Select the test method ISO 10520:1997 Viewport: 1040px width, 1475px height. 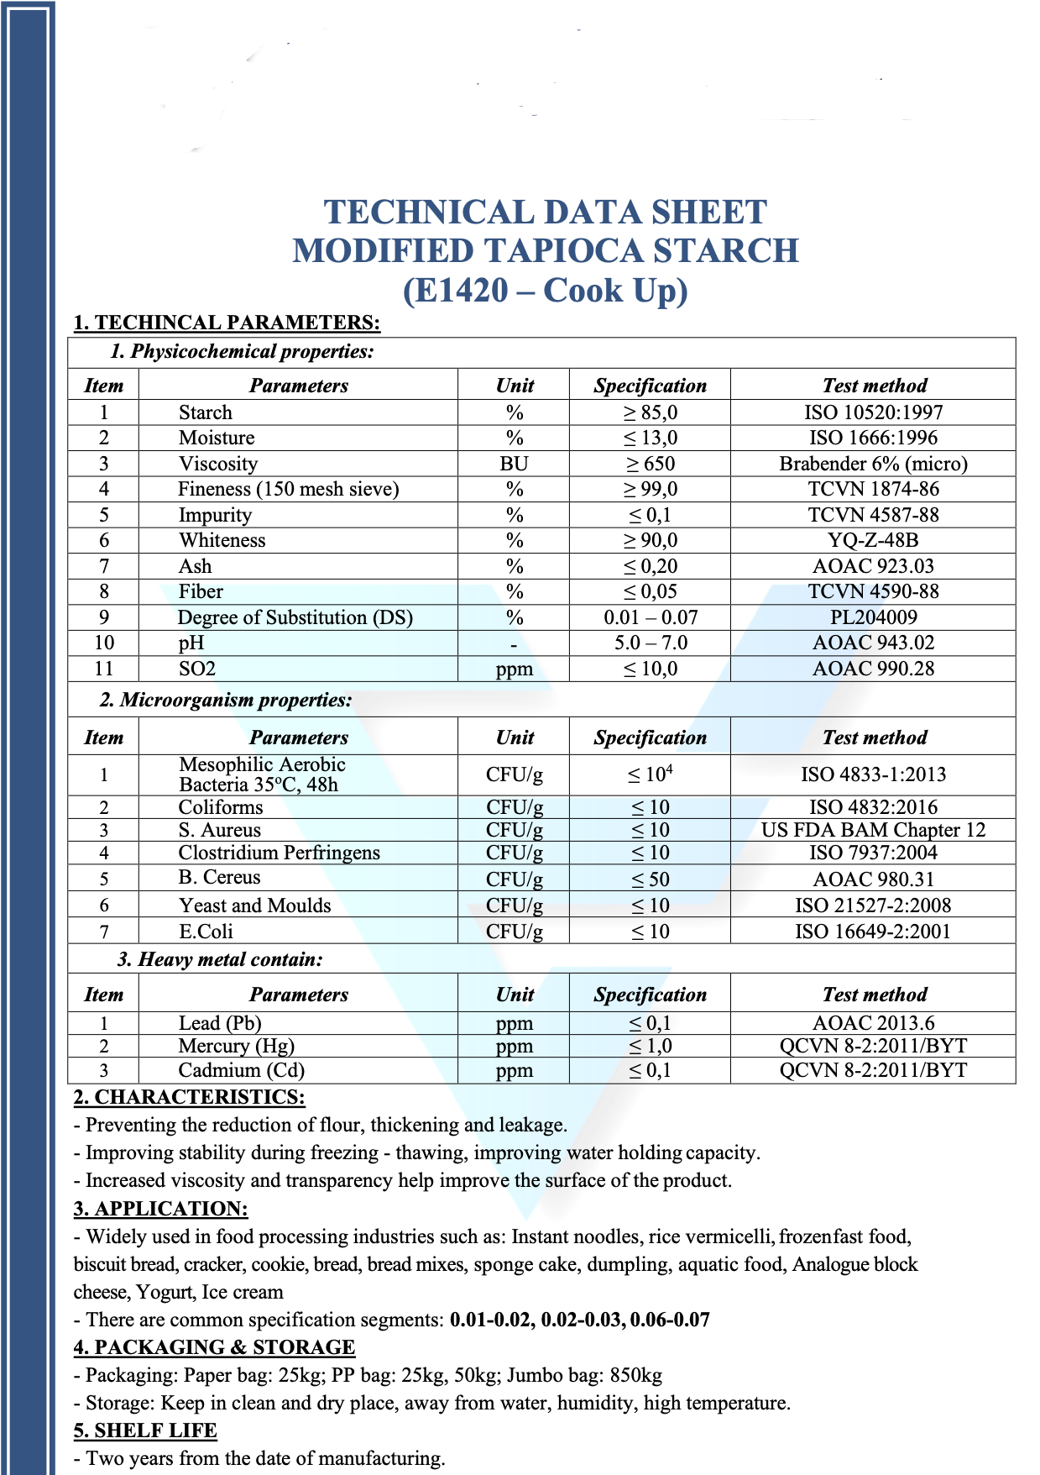[873, 412]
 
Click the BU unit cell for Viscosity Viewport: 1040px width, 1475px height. [514, 464]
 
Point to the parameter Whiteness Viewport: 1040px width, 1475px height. [222, 540]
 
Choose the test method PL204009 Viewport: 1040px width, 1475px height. [873, 617]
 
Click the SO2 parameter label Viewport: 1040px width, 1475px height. [197, 669]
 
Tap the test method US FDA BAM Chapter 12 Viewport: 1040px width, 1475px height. [873, 830]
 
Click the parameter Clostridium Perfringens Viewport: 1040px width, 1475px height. [279, 853]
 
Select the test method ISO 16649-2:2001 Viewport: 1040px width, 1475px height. [873, 932]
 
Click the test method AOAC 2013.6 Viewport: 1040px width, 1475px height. [873, 1023]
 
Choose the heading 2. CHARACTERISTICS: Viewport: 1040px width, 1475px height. [189, 1097]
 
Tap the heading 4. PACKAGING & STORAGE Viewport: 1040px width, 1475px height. [214, 1347]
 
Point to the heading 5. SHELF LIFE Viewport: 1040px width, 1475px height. [145, 1430]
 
